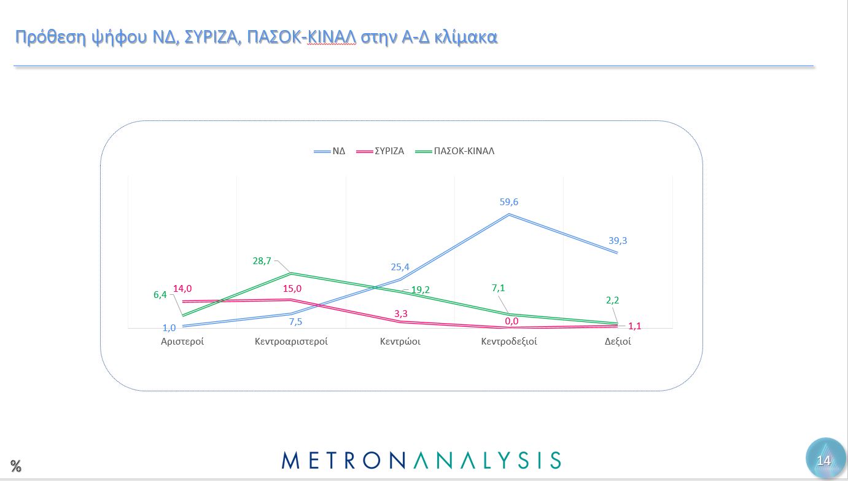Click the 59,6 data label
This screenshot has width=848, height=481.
pyautogui.click(x=509, y=202)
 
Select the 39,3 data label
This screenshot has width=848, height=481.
pyautogui.click(x=617, y=241)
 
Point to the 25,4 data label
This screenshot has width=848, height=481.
pyautogui.click(x=400, y=267)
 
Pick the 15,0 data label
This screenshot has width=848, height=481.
pyautogui.click(x=292, y=289)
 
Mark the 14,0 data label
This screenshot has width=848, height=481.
pyautogui.click(x=183, y=289)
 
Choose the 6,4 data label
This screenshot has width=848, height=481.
pyautogui.click(x=160, y=295)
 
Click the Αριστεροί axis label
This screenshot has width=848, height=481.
pyautogui.click(x=182, y=342)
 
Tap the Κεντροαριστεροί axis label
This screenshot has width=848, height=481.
pyautogui.click(x=291, y=342)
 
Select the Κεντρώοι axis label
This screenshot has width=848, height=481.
pyautogui.click(x=400, y=342)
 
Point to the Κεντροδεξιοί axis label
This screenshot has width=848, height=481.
pyautogui.click(x=509, y=342)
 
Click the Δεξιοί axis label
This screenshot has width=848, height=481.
pyautogui.click(x=618, y=342)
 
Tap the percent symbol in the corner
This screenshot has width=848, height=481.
pyautogui.click(x=16, y=466)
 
